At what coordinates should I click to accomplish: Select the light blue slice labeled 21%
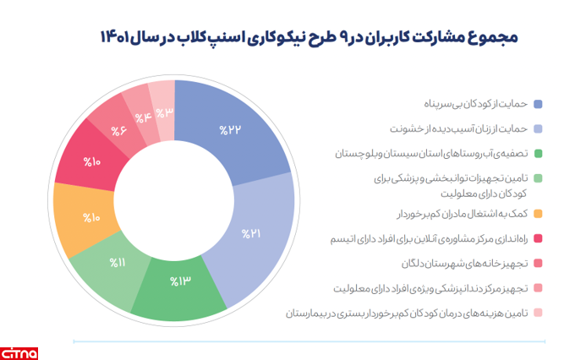251,233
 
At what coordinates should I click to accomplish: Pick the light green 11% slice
118,262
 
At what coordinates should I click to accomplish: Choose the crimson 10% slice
91,161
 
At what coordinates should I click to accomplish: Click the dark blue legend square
539,103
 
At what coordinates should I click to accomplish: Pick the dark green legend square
539,154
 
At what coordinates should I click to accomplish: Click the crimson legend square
539,239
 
